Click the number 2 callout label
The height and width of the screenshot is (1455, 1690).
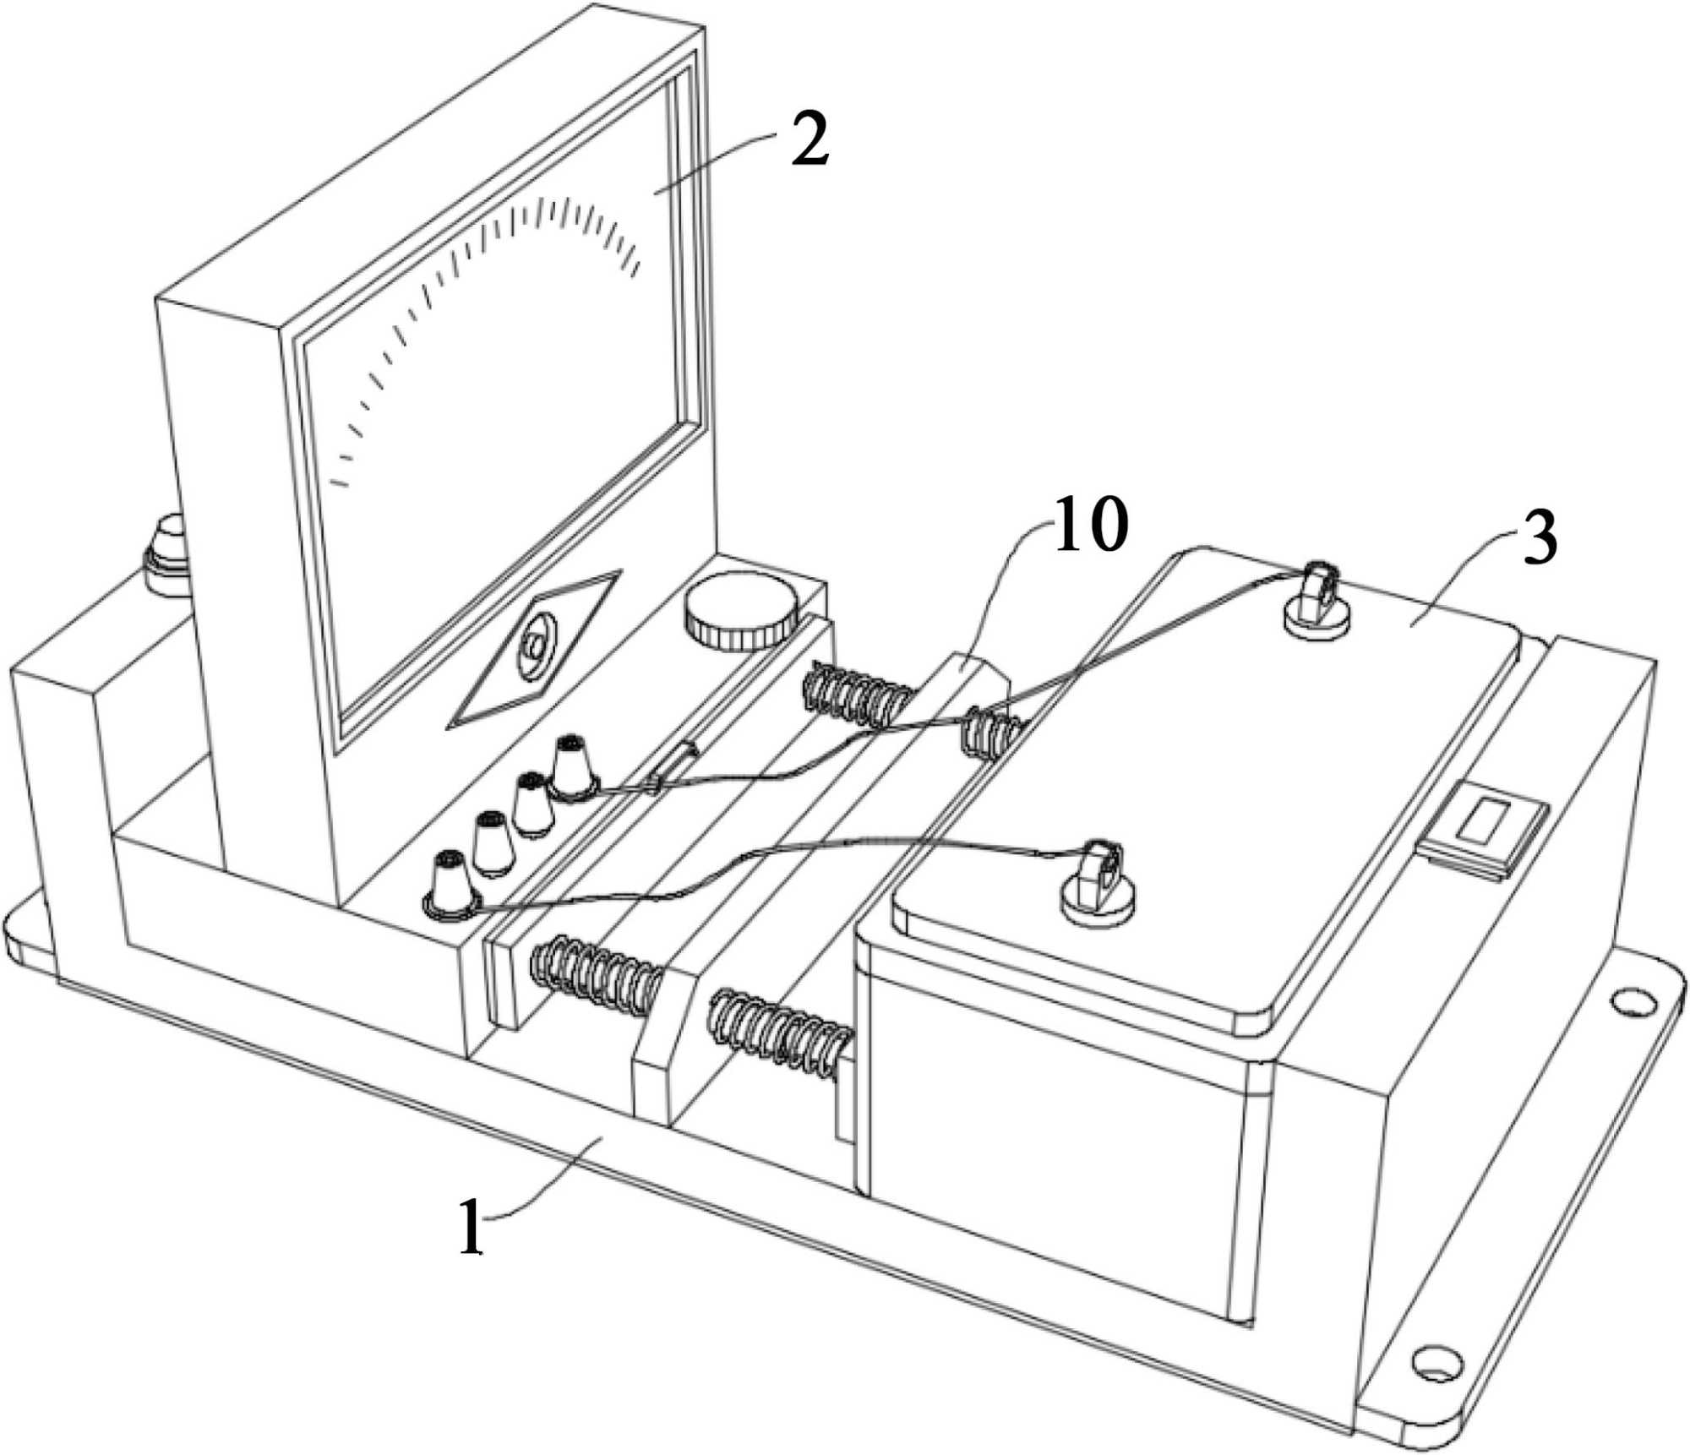809,145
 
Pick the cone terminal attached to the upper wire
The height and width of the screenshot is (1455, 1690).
572,767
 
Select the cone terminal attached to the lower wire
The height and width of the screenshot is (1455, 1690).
451,885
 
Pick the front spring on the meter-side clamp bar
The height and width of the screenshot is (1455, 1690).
595,978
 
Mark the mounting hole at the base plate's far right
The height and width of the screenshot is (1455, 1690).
1633,1001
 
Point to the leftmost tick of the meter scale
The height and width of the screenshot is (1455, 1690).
338,483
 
